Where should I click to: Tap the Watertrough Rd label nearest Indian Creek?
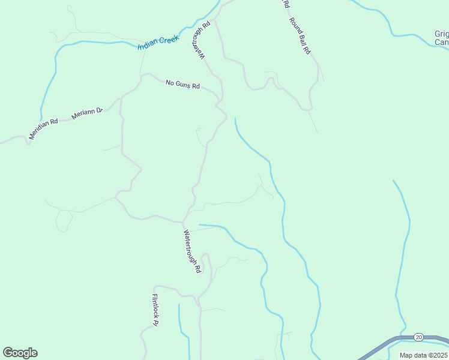[x=200, y=40]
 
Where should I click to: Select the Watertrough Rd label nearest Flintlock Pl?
[x=191, y=251]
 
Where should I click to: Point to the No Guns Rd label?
[x=182, y=85]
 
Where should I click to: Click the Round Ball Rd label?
[x=300, y=37]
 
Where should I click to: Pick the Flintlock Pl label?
[x=155, y=310]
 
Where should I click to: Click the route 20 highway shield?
[x=418, y=338]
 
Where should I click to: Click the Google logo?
[x=20, y=353]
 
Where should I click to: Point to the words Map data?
[x=412, y=355]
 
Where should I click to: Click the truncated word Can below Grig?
[x=442, y=43]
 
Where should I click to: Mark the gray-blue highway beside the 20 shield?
[x=384, y=347]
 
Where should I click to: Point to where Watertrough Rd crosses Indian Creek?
[x=211, y=16]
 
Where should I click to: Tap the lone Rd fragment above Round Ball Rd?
[x=286, y=4]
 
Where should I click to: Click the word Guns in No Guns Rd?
[x=182, y=85]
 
